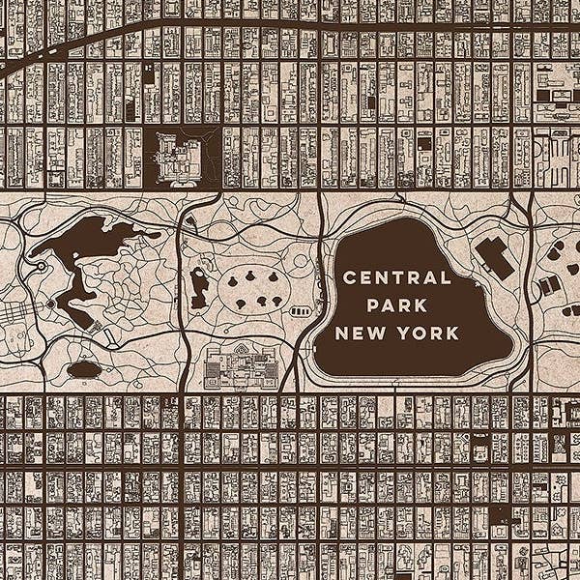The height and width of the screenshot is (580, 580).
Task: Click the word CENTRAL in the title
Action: point(397,278)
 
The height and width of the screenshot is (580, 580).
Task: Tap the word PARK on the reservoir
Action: point(397,305)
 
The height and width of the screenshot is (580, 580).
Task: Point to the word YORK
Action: point(426,333)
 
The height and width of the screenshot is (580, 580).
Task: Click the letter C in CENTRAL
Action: point(350,278)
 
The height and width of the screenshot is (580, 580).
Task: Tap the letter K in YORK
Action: point(453,333)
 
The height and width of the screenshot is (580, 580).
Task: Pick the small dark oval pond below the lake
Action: point(85,368)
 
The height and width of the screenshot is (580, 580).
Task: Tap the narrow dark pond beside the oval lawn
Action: point(199,287)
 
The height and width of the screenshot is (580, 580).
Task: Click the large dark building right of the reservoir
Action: point(495,258)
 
